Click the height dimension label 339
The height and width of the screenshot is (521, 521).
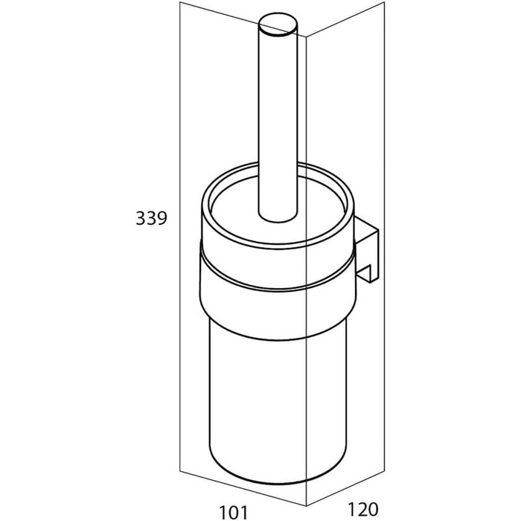(x=151, y=219)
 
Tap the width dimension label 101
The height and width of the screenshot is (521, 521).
(x=234, y=512)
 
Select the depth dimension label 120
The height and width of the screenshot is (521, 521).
(x=363, y=508)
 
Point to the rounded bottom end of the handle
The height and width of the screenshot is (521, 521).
(x=278, y=217)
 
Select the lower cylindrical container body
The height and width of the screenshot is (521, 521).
(x=278, y=409)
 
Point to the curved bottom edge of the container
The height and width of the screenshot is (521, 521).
(x=278, y=483)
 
